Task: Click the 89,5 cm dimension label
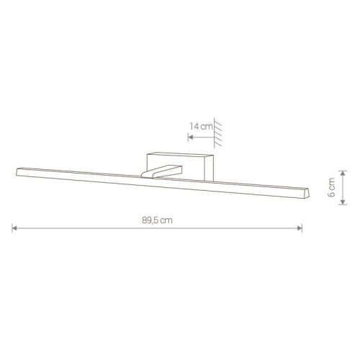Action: coord(157,220)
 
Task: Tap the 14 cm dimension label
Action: coord(201,126)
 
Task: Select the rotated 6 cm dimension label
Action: coord(331,187)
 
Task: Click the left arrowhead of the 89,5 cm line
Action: coord(14,228)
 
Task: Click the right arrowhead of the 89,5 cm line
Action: coord(300,228)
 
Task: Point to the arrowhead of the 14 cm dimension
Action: coord(191,138)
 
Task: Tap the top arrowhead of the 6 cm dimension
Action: coord(343,173)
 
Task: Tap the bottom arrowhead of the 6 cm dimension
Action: coord(343,202)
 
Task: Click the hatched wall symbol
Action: coord(217,132)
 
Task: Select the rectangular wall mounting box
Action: coord(180,166)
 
